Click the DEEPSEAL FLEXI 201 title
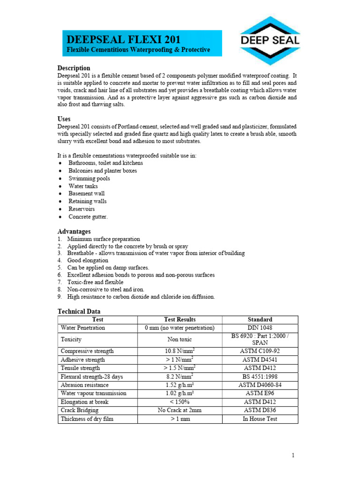pos(124,39)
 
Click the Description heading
pos(74,68)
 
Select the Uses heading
pos(64,119)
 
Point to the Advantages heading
pos(74,232)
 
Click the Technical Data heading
pos(79,312)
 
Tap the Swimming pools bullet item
pos(90,179)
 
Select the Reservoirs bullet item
pos(82,209)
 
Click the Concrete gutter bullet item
pos(88,217)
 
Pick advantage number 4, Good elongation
pos(88,260)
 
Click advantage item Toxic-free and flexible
pos(95,282)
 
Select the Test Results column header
pos(180,320)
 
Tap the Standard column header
pos(260,320)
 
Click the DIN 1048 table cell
pos(260,328)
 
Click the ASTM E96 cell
pos(260,393)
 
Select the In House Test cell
pos(260,419)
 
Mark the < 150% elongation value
pos(180,402)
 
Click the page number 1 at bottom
pos(292,455)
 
